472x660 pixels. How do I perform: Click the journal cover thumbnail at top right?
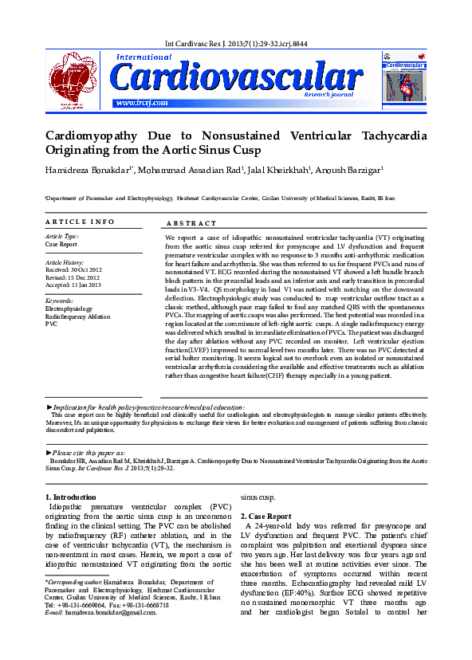(x=403, y=78)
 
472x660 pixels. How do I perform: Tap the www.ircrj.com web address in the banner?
(x=141, y=103)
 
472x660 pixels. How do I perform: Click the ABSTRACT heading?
(x=191, y=224)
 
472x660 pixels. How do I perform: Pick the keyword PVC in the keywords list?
(x=52, y=324)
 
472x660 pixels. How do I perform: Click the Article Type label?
(x=62, y=237)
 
